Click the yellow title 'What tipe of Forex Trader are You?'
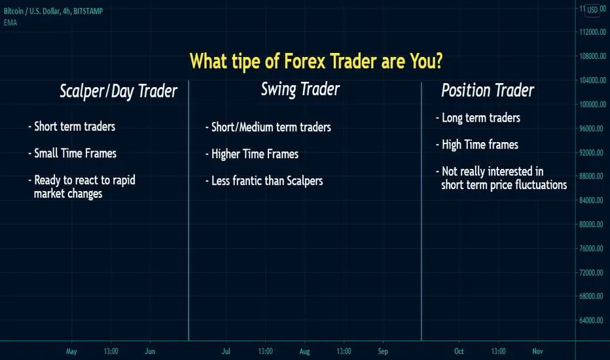[x=316, y=62]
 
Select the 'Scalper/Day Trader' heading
[x=118, y=92]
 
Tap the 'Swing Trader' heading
[x=300, y=90]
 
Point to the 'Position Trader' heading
[x=488, y=90]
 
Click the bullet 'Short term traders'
[x=72, y=126]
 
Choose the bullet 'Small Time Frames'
[x=73, y=153]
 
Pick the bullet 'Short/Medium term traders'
[x=268, y=127]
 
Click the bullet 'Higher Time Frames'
[x=252, y=154]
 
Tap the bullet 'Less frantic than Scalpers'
[x=264, y=181]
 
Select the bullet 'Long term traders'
[x=478, y=118]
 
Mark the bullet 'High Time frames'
[x=477, y=145]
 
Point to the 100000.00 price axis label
[x=592, y=104]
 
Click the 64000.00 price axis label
[x=591, y=320]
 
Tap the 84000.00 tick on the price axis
[x=591, y=200]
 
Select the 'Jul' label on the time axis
[x=226, y=351]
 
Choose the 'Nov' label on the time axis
[x=537, y=351]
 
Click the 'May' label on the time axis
[x=71, y=351]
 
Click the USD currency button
[x=592, y=10]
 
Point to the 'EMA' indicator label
[x=10, y=22]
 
